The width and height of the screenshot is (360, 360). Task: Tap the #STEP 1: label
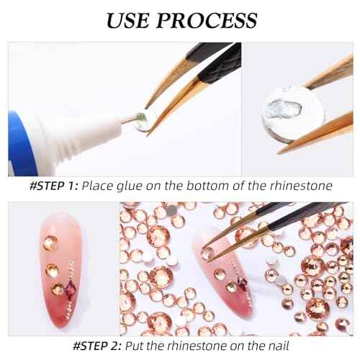click(53, 186)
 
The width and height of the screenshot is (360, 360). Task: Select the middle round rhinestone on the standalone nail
click(51, 270)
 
